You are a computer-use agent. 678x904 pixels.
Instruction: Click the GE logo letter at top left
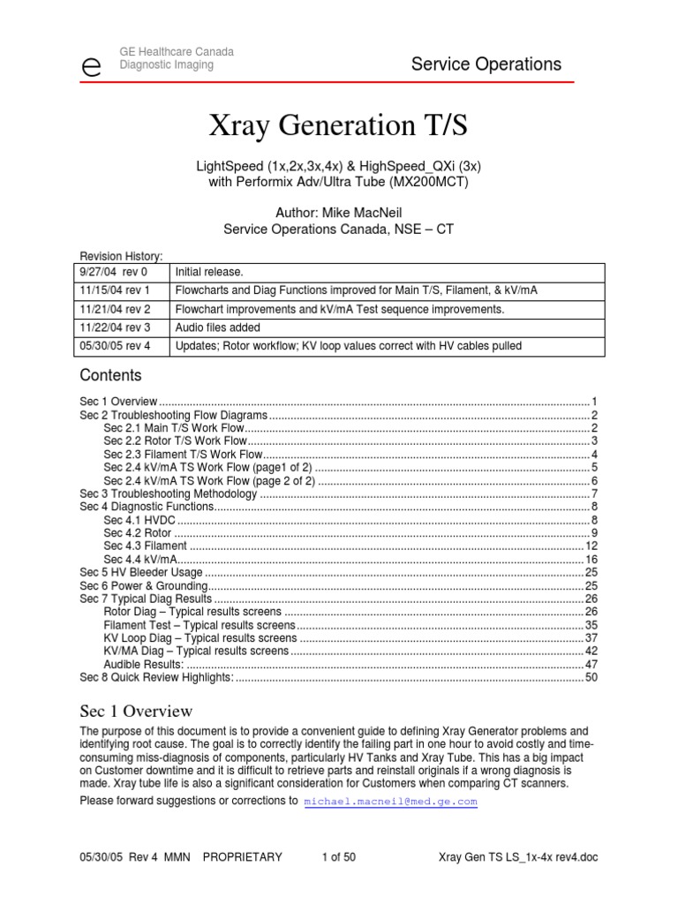pos(90,66)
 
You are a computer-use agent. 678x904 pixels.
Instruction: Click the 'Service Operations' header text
pos(486,64)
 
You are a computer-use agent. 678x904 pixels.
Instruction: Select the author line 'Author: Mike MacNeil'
pos(338,212)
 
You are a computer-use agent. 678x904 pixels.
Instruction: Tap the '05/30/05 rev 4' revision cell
pos(118,346)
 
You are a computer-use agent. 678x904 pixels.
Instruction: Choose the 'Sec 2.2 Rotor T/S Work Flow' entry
pos(175,441)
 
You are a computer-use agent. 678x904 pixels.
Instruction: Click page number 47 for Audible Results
pos(591,664)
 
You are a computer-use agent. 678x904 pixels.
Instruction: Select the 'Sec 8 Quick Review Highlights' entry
pos(156,677)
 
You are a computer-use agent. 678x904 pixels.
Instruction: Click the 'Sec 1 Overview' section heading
pos(136,711)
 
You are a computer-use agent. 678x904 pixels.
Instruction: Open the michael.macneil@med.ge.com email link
pos(390,802)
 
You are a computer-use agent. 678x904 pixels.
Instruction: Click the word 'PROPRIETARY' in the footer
pos(242,856)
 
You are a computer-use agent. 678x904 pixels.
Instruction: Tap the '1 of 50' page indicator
pos(338,856)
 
